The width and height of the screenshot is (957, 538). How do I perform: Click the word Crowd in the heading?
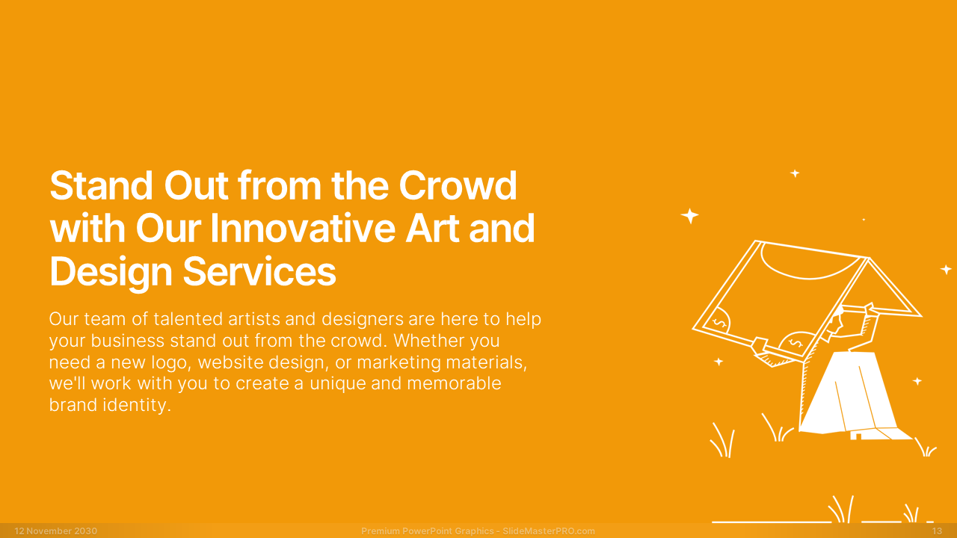coord(458,186)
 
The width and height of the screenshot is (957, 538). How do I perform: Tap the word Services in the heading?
coord(259,271)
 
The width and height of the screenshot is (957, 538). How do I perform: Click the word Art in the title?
coord(432,229)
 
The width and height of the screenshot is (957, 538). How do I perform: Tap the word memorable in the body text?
coord(454,383)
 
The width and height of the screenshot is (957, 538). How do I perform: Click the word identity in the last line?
coord(137,406)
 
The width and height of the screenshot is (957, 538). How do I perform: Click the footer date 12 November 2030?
coord(56,531)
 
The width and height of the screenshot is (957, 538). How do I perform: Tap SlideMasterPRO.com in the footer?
coord(549,531)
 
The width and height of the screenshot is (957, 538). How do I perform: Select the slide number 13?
coord(937,531)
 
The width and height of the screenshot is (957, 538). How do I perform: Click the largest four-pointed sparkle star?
coord(689,216)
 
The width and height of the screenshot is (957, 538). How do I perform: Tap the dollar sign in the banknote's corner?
coord(720,323)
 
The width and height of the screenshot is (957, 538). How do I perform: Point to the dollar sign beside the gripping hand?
coord(796,343)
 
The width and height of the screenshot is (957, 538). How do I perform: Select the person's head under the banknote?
coord(837,321)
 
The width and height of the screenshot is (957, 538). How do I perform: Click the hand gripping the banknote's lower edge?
coord(761,346)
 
